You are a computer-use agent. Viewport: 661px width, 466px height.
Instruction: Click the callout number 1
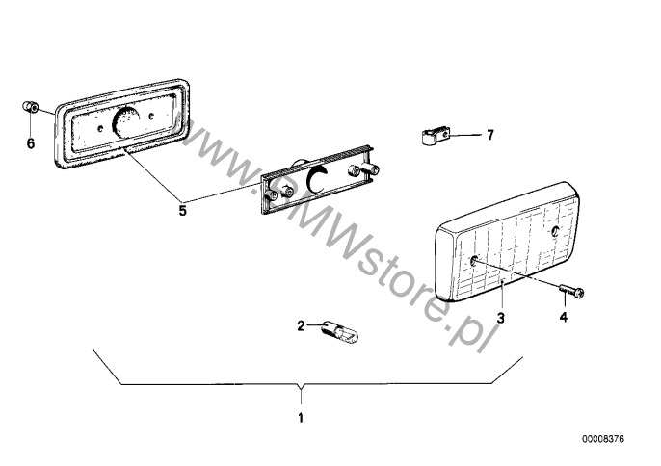[301, 418]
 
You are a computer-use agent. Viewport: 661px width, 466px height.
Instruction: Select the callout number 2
[301, 325]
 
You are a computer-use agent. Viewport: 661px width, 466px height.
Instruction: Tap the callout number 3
[500, 318]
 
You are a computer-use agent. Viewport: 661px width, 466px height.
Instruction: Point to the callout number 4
[564, 317]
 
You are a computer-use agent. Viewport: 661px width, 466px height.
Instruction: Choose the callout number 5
[182, 210]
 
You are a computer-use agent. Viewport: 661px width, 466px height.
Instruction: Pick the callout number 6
[31, 143]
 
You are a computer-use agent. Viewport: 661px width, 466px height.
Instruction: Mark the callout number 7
[489, 135]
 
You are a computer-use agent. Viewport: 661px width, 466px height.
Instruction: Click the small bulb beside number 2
[340, 331]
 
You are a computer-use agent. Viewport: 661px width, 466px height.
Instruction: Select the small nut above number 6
[30, 107]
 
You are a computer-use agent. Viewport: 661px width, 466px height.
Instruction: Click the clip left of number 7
[436, 136]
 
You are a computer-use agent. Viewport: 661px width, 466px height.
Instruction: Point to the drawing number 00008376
[603, 439]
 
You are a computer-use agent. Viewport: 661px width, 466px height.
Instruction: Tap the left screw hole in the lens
[474, 260]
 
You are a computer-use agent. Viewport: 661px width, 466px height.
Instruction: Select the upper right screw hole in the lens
[555, 230]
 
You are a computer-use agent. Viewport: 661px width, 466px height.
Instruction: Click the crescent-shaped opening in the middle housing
[315, 179]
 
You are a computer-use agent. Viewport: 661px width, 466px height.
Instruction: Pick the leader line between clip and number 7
[465, 135]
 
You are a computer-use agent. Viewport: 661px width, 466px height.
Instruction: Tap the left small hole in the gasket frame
[100, 128]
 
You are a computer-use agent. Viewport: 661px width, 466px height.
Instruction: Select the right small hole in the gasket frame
[150, 115]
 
